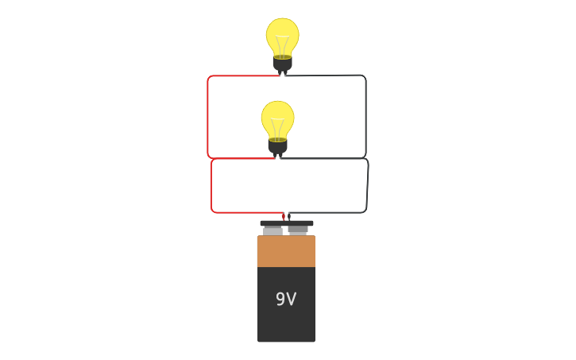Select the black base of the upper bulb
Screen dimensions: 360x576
click(282, 63)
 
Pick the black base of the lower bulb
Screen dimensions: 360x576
click(277, 146)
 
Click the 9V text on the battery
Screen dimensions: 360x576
click(286, 300)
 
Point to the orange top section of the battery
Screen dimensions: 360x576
click(286, 251)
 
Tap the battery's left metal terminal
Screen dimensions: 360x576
click(273, 231)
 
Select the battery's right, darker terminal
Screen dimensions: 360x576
click(298, 230)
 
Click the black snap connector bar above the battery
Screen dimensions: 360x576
click(286, 223)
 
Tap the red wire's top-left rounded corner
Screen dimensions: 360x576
click(210, 78)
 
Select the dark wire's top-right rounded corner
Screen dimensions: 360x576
click(363, 78)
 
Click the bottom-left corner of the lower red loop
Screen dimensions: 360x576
click(214, 210)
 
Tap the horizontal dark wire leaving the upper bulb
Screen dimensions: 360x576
click(326, 75)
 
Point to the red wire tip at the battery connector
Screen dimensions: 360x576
click(283, 216)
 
